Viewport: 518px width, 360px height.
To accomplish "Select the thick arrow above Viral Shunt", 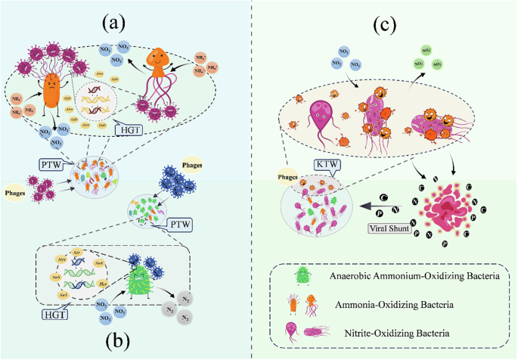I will (x=352, y=204).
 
